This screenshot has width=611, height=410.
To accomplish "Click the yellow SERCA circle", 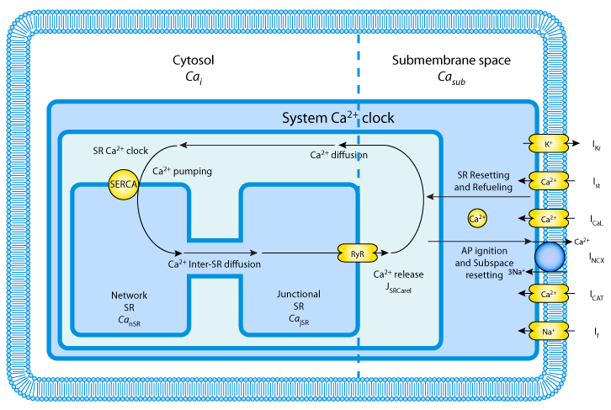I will tap(123, 181).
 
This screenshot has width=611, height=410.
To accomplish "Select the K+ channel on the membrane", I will tap(548, 145).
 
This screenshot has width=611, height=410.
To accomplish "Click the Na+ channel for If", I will tap(548, 332).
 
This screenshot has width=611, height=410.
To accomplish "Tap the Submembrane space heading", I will tap(451, 61).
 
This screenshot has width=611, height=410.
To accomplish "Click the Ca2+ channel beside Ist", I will tap(548, 181).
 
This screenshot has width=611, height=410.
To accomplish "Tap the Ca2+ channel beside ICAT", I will tap(548, 294).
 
